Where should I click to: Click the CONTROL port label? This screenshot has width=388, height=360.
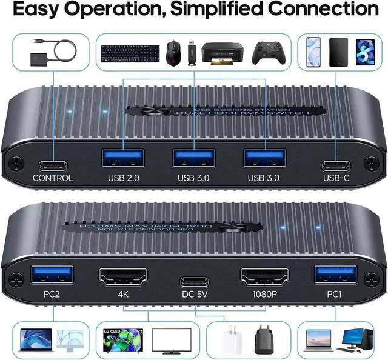click(53, 178)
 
